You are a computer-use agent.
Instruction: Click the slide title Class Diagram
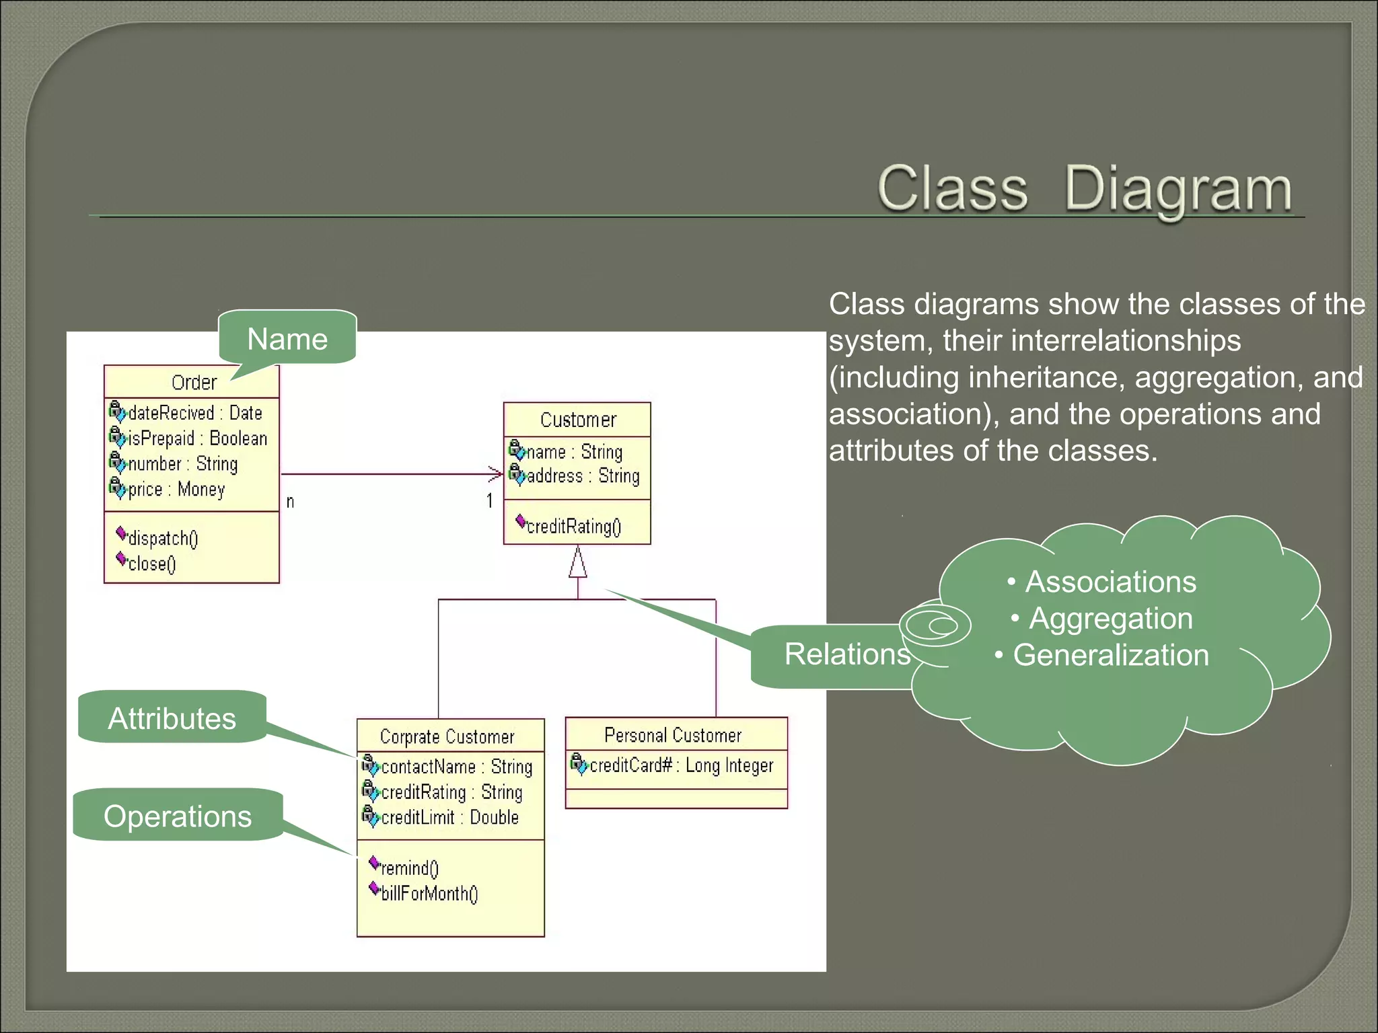(x=1084, y=189)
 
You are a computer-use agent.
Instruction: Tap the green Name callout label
(x=287, y=339)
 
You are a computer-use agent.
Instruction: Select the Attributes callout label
(x=172, y=718)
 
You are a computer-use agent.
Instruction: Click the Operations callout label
(x=178, y=816)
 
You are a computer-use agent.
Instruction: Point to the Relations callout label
(x=846, y=654)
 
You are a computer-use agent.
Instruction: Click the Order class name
(x=194, y=383)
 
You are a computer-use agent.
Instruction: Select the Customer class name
(x=578, y=420)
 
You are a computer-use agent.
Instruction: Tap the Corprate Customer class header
(x=447, y=736)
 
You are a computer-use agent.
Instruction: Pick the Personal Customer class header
(x=673, y=735)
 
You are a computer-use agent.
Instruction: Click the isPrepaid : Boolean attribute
(x=197, y=438)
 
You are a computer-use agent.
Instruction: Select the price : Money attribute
(x=176, y=490)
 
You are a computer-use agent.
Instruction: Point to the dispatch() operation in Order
(x=163, y=538)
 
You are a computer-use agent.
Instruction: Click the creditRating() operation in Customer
(x=573, y=526)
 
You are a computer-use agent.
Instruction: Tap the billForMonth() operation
(x=429, y=893)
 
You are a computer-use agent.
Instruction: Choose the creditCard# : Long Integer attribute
(x=681, y=765)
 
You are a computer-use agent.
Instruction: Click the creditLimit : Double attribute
(x=449, y=817)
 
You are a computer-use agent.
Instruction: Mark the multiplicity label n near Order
(x=290, y=502)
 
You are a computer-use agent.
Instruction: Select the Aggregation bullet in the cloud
(x=1110, y=619)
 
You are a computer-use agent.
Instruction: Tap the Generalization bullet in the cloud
(x=1110, y=655)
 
